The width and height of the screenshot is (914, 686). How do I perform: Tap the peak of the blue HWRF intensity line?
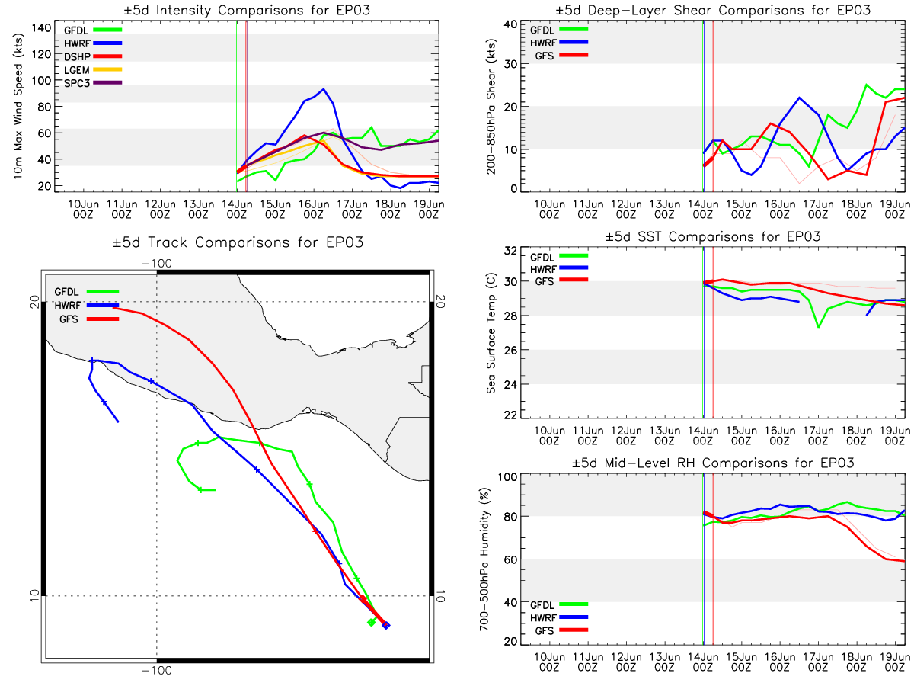324,89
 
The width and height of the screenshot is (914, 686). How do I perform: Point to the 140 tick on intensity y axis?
43,27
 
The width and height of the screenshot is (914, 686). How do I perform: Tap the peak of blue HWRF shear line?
799,98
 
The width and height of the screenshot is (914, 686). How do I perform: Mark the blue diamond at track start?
386,626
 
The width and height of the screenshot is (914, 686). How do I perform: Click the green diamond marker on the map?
371,623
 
